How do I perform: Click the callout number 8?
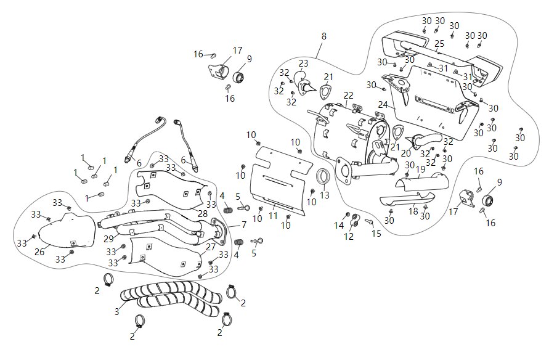click(324, 36)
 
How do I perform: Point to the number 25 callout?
click(439, 44)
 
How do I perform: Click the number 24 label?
click(383, 104)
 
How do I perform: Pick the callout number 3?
click(116, 312)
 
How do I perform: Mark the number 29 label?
click(107, 239)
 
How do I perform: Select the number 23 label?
click(303, 63)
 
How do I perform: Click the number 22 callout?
click(349, 95)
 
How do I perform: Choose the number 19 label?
click(420, 168)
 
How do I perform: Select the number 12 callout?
click(349, 236)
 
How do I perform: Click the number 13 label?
click(325, 195)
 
